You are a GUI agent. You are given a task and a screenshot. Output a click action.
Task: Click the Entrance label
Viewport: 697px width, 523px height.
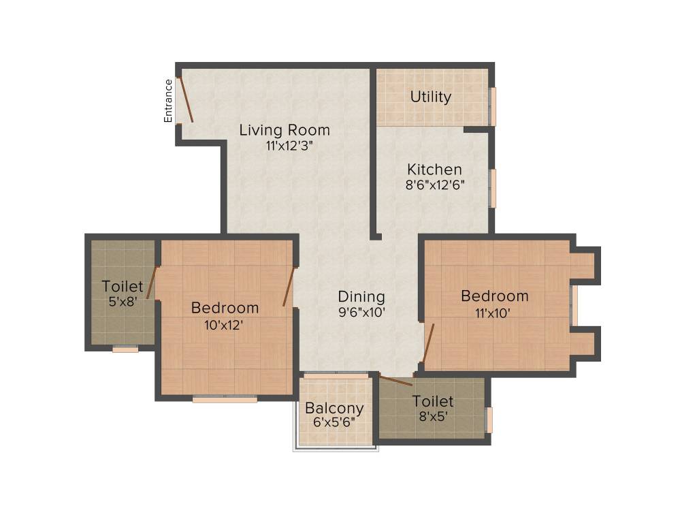coord(169,101)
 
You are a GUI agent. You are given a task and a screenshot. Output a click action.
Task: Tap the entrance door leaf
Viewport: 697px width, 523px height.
coord(185,100)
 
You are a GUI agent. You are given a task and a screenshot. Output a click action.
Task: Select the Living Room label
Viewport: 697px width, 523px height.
coord(284,130)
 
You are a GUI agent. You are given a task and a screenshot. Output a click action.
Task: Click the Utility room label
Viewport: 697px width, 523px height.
coord(430,97)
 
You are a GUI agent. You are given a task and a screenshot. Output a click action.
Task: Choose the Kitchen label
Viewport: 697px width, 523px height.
coord(434,170)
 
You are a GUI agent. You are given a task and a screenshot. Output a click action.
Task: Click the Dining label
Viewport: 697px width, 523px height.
coord(361,297)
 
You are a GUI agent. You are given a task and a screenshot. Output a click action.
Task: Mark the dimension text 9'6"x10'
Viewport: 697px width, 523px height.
coord(361,313)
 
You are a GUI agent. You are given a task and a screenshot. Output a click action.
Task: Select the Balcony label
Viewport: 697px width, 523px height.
coord(334,409)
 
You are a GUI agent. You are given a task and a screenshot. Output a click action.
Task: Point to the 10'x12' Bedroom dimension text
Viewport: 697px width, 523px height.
coord(224,325)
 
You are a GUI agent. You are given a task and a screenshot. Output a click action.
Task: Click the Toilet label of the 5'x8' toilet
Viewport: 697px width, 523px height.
coord(123,286)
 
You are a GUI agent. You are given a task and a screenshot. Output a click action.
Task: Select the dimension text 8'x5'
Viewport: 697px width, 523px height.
coord(433,417)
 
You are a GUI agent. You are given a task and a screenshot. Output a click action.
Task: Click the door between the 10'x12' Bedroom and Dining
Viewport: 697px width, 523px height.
coord(289,287)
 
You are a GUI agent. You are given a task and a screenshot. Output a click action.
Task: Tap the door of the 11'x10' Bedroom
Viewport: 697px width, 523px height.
coord(428,343)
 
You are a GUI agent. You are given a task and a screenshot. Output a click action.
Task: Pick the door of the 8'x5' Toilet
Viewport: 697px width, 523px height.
coord(395,381)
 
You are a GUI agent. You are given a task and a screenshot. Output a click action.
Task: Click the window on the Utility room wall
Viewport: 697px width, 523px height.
coord(493,106)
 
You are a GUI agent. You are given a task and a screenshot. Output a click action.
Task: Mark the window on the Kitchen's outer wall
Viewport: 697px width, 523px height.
coord(493,188)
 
